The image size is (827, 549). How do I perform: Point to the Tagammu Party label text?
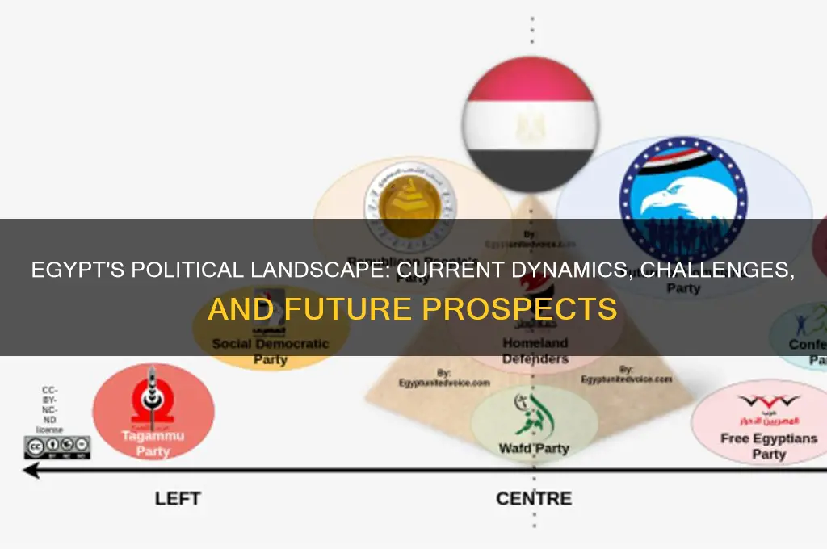(153, 443)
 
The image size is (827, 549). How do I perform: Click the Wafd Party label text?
(534, 448)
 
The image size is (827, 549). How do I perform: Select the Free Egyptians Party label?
(768, 446)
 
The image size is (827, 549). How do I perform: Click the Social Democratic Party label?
(271, 351)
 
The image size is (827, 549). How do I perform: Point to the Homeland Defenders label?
(535, 350)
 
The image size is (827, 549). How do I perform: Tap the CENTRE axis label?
(534, 498)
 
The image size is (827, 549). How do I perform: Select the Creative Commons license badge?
(57, 446)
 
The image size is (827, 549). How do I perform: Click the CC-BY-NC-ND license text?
(52, 410)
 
